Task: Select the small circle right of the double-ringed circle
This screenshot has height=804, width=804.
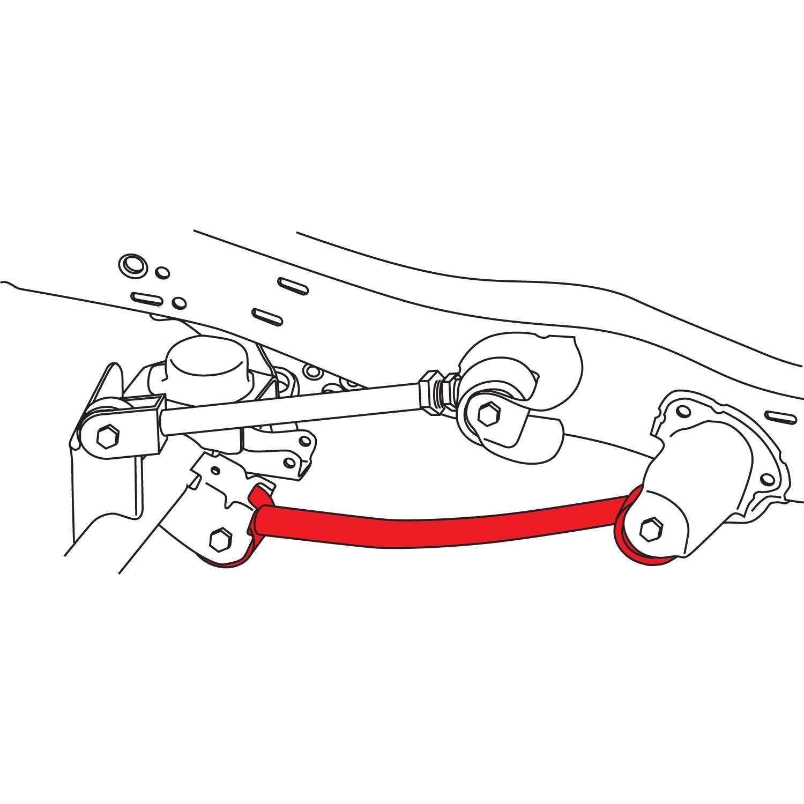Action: point(162,273)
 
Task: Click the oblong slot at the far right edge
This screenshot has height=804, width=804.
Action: point(781,416)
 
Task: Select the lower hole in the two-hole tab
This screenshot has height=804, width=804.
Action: point(289,462)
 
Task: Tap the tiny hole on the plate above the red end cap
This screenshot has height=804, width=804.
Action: point(215,471)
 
